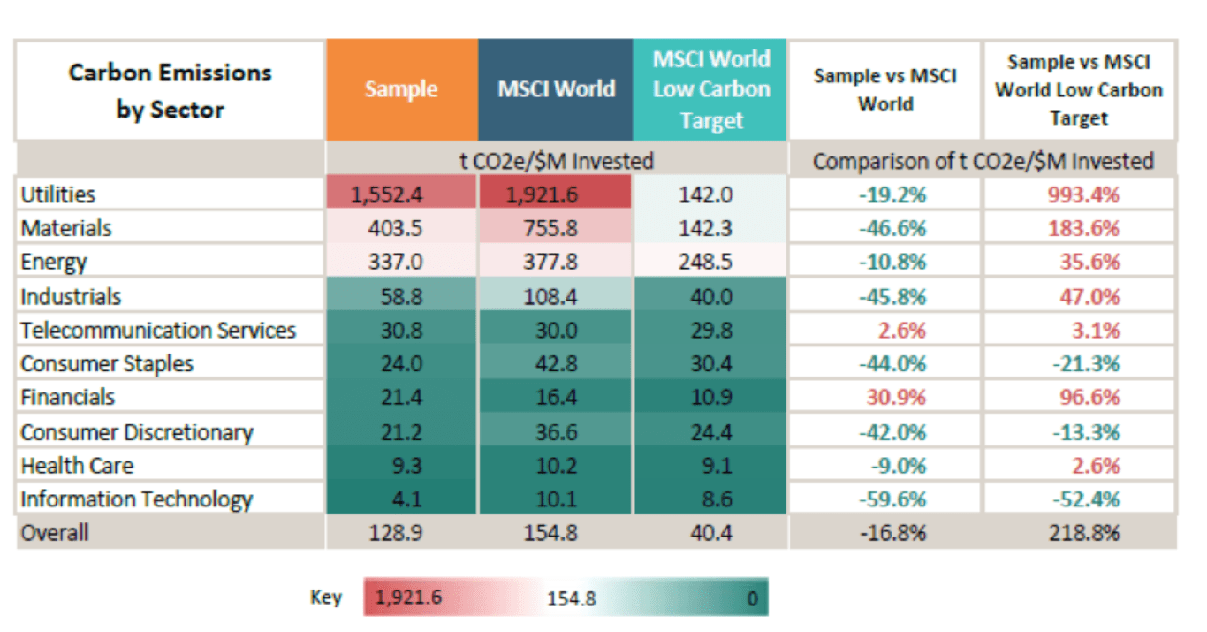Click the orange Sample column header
click(401, 89)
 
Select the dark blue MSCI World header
click(556, 89)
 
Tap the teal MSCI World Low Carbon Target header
click(710, 89)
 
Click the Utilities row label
click(57, 194)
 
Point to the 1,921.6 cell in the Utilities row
click(556, 194)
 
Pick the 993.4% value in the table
click(1082, 194)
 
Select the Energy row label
click(54, 262)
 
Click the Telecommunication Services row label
click(158, 331)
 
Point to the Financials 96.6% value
click(1089, 398)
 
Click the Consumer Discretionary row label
click(136, 432)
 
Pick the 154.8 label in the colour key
click(571, 598)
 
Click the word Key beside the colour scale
click(325, 598)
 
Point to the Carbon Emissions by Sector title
click(171, 90)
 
